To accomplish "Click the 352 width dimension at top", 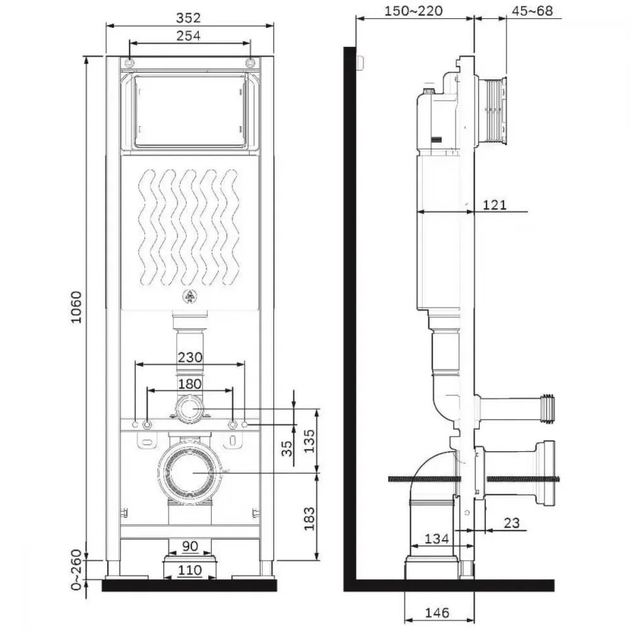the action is [188, 18].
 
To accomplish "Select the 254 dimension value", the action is [188, 36].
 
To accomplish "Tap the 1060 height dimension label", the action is [76, 307].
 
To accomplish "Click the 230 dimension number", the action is [190, 357].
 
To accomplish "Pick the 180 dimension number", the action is [190, 384].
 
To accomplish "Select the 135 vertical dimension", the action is [309, 442].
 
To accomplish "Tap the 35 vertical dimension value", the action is [287, 448].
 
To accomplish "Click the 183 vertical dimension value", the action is [309, 519].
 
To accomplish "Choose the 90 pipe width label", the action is [190, 546].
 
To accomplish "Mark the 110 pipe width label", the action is [190, 570].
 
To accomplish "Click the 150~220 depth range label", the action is [413, 11].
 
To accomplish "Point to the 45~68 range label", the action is [532, 11].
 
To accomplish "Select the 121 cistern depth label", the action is [494, 205].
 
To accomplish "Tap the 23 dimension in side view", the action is [512, 522].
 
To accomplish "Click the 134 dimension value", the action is [437, 538].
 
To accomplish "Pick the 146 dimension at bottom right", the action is [437, 613].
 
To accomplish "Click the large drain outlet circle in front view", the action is [190, 473].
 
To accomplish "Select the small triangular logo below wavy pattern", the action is [189, 297].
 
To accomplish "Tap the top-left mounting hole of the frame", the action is [129, 62].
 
